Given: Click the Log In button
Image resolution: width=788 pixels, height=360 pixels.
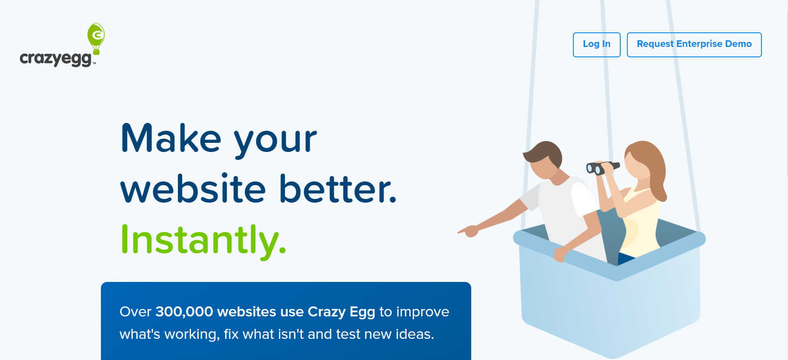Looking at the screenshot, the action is (597, 44).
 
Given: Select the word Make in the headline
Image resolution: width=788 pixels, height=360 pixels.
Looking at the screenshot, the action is (171, 138).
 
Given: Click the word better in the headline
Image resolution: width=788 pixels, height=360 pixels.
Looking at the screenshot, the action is (338, 189).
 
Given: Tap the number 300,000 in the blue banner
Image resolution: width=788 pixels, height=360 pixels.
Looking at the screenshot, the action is (184, 311).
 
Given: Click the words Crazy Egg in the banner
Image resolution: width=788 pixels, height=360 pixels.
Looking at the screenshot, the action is (341, 312).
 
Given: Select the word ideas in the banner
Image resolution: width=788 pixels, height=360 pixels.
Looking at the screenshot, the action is (414, 334).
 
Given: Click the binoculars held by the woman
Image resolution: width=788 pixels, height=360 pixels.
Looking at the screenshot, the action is (602, 167).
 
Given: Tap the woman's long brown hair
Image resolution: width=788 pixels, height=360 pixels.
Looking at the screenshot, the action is (652, 166).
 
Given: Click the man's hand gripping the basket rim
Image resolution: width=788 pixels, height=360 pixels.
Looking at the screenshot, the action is (560, 254).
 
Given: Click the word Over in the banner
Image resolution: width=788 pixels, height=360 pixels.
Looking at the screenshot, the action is (136, 312).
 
